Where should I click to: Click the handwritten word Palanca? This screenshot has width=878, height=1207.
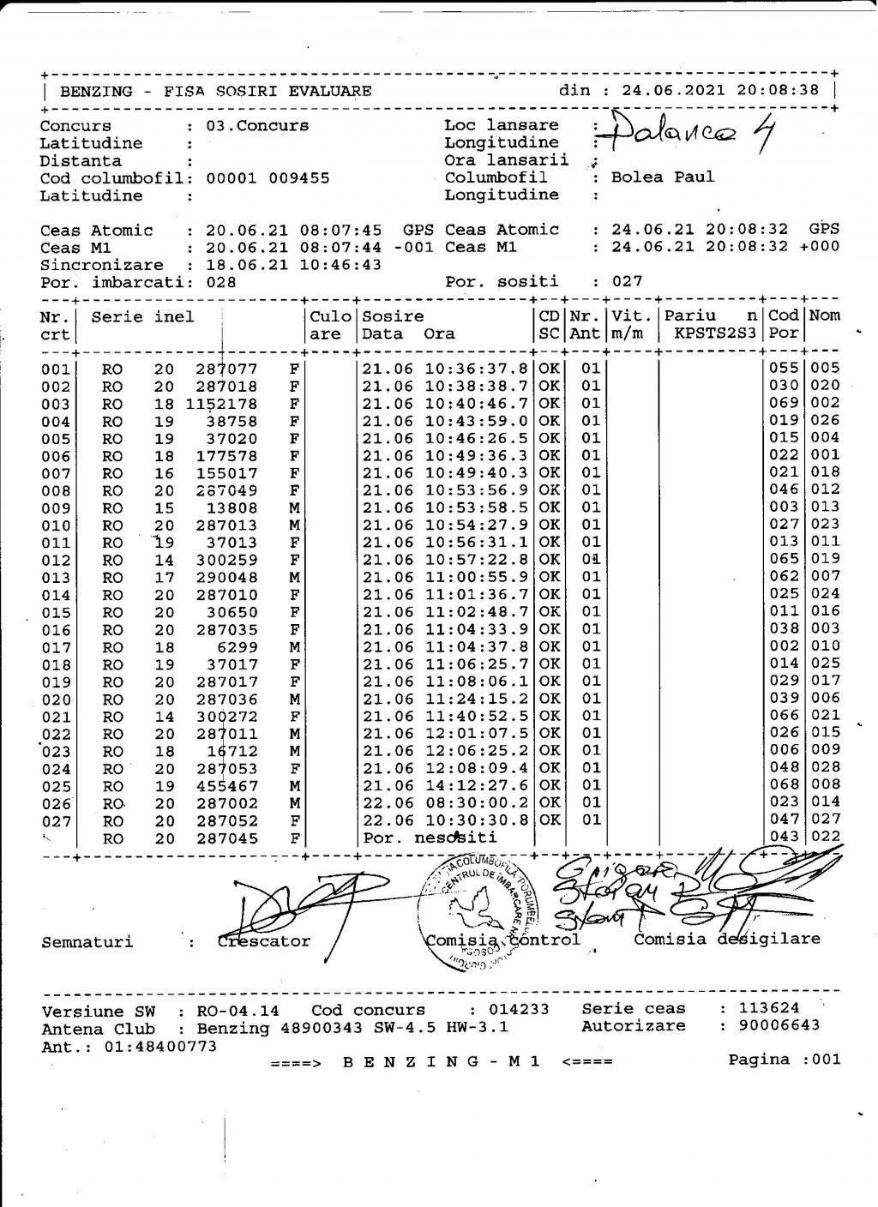[x=673, y=131]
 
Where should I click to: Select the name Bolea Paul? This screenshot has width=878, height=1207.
[x=662, y=177]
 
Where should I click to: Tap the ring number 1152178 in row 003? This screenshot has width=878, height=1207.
[x=222, y=404]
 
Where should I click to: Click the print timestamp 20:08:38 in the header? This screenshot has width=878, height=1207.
[x=780, y=90]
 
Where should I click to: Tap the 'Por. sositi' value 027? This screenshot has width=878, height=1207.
[x=626, y=282]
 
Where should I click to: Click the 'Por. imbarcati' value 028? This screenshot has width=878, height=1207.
[x=221, y=282]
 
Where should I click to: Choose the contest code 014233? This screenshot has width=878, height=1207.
[x=519, y=1010]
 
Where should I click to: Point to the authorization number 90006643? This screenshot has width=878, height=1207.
[x=769, y=1025]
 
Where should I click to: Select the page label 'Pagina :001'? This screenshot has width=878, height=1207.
[x=784, y=1060]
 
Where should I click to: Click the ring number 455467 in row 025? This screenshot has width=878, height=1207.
[x=226, y=785]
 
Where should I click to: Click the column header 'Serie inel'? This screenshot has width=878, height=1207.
[x=142, y=316]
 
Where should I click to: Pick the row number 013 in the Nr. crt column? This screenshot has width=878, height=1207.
[x=57, y=577]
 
